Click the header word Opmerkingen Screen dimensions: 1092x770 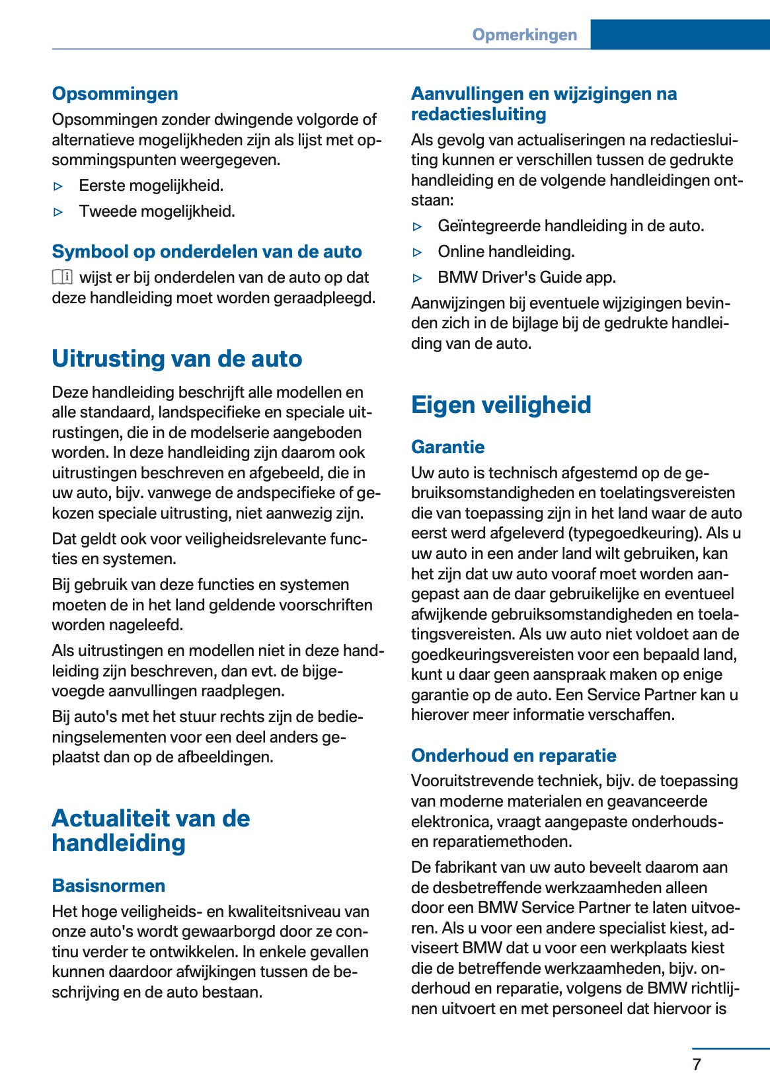coord(524,35)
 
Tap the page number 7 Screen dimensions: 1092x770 coord(696,1064)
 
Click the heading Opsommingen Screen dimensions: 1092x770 coord(115,94)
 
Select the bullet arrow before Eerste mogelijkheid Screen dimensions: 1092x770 coord(58,186)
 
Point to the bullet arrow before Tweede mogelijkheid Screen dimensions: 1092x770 coord(58,212)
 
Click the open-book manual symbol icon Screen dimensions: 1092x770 coord(62,277)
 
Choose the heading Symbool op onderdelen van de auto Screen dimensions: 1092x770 coord(207,252)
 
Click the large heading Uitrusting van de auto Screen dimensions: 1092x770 coord(177,359)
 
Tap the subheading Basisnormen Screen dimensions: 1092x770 coord(108,886)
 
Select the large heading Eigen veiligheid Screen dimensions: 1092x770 coord(501,405)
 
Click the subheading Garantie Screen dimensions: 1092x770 coord(447,447)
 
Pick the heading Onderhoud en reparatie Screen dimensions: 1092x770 coord(514,756)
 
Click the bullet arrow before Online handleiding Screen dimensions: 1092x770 coord(417,252)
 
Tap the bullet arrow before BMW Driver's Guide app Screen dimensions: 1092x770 coord(417,278)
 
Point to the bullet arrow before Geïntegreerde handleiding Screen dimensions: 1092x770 coord(417,227)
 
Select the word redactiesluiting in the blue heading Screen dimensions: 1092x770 coord(479,114)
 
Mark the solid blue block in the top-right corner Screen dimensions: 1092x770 coord(679,34)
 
